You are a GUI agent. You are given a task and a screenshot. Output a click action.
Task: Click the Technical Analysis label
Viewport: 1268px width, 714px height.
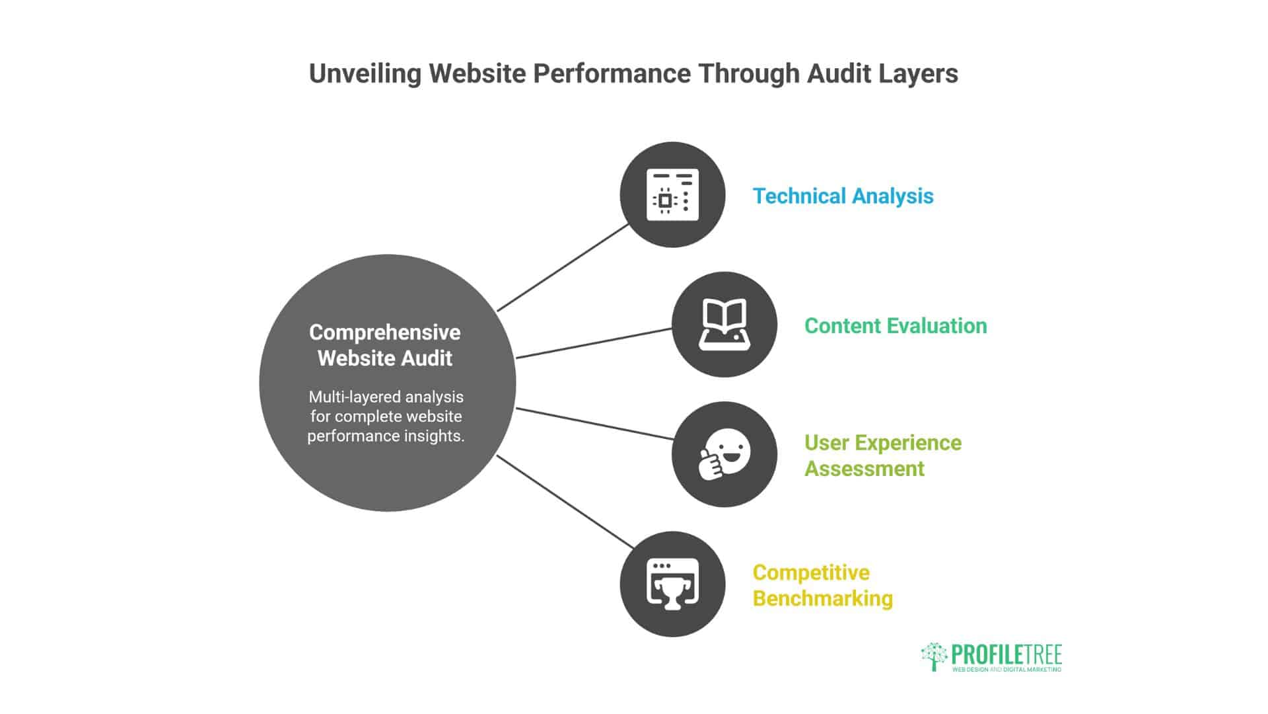(x=843, y=196)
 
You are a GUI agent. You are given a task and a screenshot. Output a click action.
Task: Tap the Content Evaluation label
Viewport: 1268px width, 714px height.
(x=895, y=326)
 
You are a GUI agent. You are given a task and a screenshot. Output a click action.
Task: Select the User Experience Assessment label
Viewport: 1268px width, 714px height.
(x=882, y=456)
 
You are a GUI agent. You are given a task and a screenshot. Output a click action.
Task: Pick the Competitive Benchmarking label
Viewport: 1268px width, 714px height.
(x=822, y=585)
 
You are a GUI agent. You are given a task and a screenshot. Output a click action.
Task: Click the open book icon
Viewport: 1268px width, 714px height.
(x=724, y=324)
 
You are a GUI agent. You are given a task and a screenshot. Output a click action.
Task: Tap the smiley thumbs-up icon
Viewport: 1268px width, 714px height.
(x=724, y=454)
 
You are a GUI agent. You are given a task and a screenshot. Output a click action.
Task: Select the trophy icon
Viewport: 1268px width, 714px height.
(x=672, y=584)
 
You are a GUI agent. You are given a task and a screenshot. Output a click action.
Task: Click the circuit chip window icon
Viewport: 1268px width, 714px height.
(x=672, y=194)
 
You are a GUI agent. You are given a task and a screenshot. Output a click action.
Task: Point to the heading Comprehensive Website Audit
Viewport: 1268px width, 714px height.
(x=385, y=345)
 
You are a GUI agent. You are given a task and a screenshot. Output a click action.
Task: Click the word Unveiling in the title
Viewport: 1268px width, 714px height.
(x=364, y=73)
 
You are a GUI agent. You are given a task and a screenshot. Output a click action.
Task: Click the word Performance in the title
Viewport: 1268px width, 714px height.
(x=612, y=73)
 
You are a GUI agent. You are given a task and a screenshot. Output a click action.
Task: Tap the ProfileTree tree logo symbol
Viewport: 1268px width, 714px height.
(x=933, y=656)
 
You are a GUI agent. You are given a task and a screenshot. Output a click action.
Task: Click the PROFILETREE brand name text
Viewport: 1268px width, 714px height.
(x=1006, y=654)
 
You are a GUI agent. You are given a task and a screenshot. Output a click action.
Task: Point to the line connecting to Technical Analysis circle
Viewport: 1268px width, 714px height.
(x=563, y=267)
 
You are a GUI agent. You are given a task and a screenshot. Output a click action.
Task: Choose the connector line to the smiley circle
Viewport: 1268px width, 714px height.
(x=594, y=424)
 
